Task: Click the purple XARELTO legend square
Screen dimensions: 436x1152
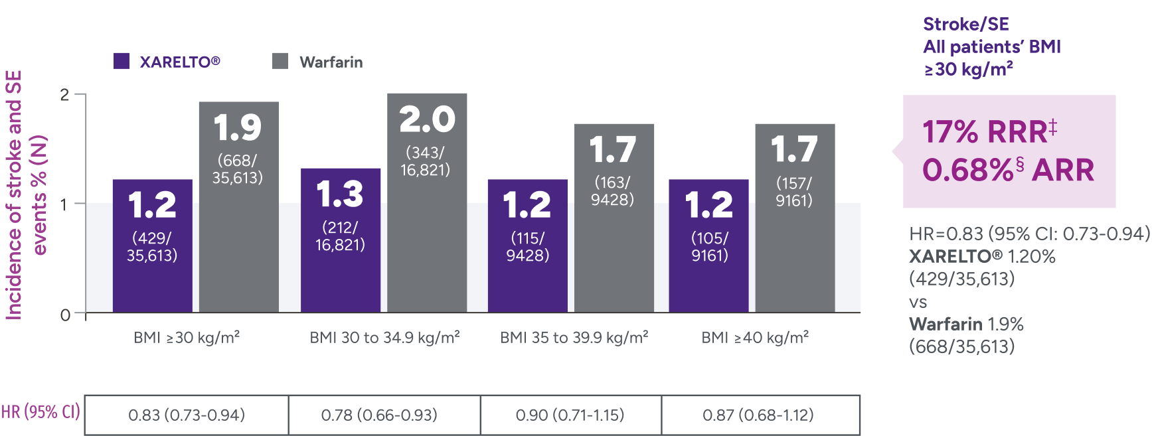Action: pos(122,61)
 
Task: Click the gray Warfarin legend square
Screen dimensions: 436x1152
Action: pos(280,61)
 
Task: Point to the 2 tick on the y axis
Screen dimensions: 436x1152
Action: pos(64,94)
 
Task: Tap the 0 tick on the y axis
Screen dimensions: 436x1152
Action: pos(64,314)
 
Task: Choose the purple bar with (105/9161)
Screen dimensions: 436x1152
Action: pos(708,246)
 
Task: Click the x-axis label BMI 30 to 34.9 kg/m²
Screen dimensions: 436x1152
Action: pos(384,337)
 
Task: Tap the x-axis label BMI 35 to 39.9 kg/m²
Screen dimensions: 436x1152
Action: pos(574,337)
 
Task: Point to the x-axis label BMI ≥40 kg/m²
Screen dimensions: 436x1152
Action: pos(755,337)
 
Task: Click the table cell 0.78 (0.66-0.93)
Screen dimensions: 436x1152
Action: pos(379,415)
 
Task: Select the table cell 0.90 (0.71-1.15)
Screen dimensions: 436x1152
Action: pos(570,415)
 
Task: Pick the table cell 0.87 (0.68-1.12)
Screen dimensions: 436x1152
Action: pos(758,415)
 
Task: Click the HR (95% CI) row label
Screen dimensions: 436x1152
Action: pos(40,412)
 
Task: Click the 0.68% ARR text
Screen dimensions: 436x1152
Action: pos(1007,170)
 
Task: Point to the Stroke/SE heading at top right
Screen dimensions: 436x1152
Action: pos(965,25)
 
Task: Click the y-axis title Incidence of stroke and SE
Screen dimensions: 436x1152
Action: pos(14,195)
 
